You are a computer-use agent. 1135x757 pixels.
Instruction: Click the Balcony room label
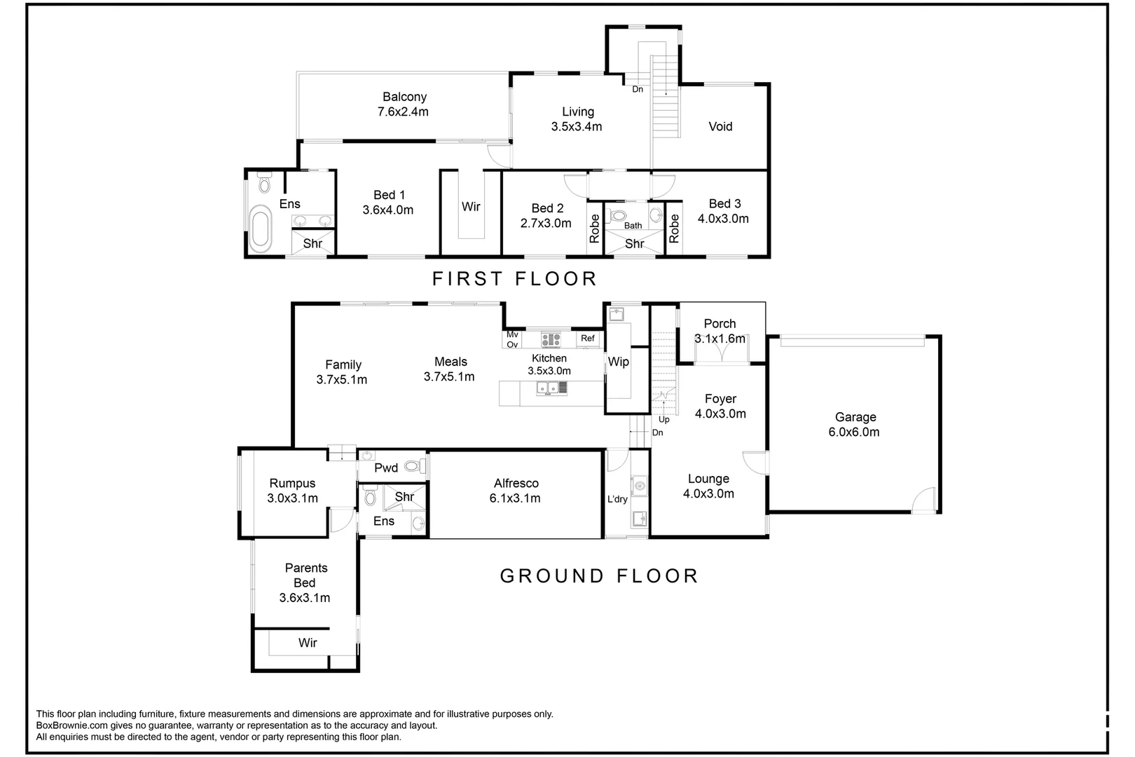coord(404,97)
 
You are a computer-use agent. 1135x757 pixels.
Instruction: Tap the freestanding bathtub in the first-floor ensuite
coord(260,229)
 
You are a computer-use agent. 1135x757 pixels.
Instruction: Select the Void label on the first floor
coord(720,126)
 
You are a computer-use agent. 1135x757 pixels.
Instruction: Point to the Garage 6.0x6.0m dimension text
coord(854,432)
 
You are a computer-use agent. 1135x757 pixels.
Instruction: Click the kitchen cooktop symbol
coord(550,339)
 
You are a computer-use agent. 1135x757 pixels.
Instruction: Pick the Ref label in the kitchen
coord(587,338)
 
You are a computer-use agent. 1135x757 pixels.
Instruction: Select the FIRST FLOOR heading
coord(514,278)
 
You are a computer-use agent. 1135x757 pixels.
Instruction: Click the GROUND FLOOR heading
coord(600,575)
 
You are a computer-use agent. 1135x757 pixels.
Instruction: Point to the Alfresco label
coord(516,483)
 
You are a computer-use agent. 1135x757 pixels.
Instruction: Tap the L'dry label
coord(617,499)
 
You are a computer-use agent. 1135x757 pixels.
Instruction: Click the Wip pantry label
coord(618,362)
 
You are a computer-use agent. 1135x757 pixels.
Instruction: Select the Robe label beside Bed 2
coord(594,229)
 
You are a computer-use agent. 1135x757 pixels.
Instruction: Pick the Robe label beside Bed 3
coord(673,229)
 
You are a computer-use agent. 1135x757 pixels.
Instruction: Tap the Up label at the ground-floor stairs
coord(663,419)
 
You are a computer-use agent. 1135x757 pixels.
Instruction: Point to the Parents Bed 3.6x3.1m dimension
coord(305,598)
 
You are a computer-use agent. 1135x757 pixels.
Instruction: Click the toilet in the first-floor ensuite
coord(265,182)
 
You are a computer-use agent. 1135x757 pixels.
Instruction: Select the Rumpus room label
coord(292,483)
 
